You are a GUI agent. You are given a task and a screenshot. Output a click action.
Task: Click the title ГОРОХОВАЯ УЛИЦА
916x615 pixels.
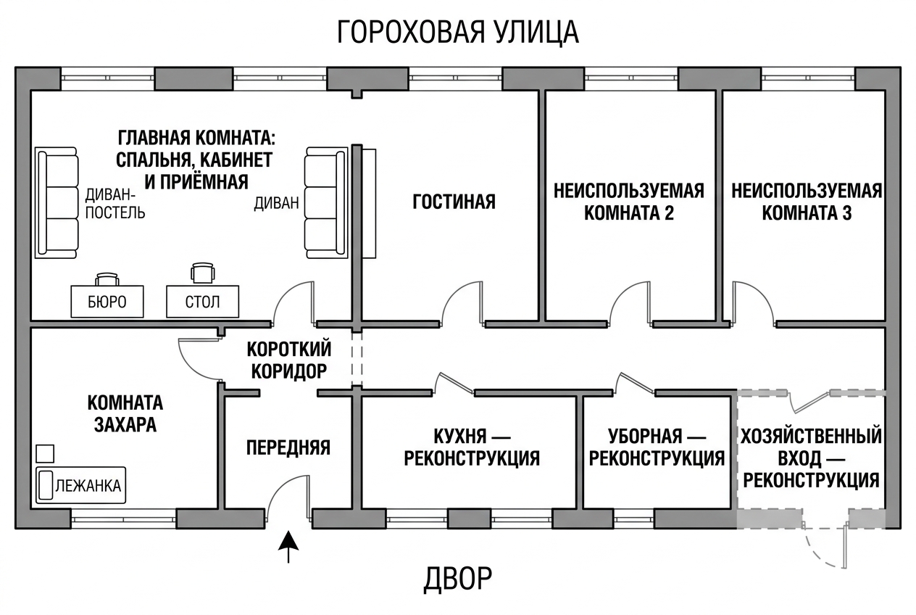pos(458,33)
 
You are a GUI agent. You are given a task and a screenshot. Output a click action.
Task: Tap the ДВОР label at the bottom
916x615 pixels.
pos(457,579)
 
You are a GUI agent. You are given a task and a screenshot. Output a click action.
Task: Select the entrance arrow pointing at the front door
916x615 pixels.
pos(288,548)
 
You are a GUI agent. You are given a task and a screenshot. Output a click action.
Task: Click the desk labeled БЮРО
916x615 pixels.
pos(107,302)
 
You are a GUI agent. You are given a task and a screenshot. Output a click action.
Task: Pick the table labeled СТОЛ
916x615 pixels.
pos(202,302)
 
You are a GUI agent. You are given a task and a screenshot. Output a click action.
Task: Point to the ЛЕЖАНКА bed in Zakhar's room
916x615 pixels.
pos(80,485)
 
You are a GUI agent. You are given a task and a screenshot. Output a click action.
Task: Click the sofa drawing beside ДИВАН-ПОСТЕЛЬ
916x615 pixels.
pos(57,203)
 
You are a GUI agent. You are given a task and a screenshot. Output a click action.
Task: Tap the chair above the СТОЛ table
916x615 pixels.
pos(202,273)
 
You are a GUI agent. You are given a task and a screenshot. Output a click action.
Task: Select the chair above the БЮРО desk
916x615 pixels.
pos(107,279)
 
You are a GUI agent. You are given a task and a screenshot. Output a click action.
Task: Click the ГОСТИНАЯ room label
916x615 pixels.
pos(454,202)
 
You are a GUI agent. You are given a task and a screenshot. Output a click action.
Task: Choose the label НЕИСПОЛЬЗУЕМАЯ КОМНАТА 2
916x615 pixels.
pos(629,202)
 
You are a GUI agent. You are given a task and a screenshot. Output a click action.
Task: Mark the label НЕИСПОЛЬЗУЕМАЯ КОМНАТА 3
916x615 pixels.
pos(807,202)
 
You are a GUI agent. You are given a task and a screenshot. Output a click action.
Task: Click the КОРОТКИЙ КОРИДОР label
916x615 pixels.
pos(289,360)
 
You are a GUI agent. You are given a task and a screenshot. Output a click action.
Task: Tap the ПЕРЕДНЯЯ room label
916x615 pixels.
pos(288,447)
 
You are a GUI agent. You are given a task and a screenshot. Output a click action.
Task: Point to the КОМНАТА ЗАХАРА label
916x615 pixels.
pos(125,413)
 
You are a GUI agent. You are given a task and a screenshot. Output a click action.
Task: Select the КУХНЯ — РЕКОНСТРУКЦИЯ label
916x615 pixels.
pos(472,447)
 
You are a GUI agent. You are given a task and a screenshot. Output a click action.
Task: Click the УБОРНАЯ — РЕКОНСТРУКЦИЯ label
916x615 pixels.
pos(657,447)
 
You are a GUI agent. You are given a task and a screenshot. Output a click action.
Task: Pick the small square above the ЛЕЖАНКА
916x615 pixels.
pos(45,454)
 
